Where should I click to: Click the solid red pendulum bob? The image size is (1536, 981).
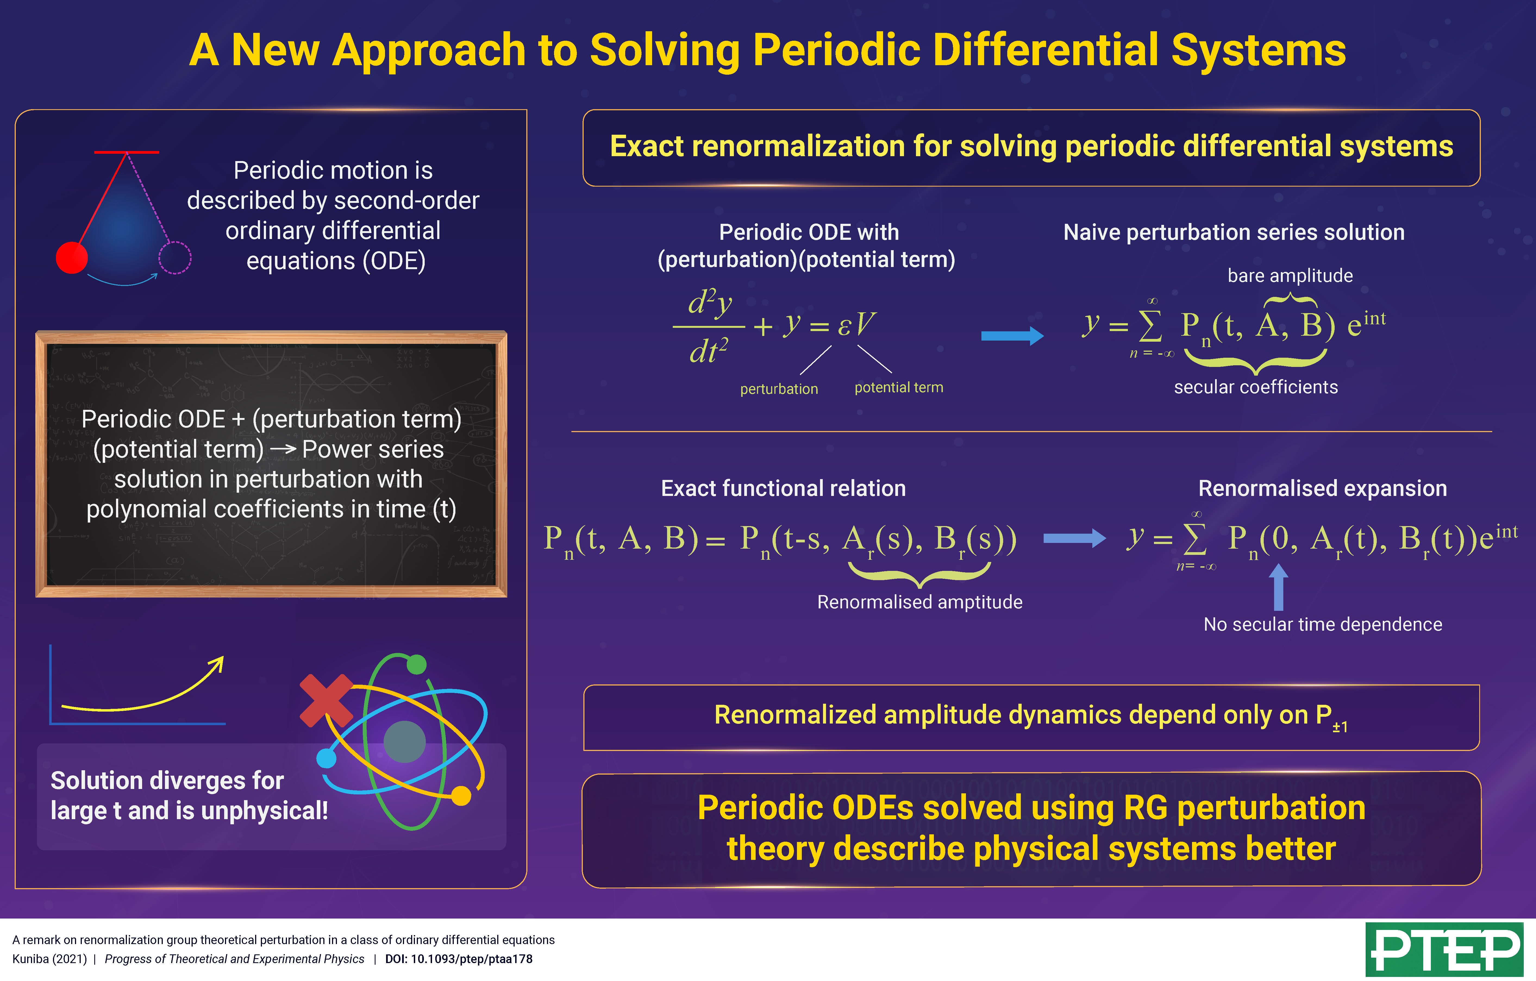pos(71,257)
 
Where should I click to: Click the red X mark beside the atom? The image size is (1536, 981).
pos(326,700)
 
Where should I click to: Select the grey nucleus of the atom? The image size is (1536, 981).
pos(404,742)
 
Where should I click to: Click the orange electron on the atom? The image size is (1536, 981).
pos(461,796)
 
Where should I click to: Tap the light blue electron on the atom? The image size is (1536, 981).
pos(326,759)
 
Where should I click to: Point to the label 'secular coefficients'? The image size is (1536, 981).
pos(1255,387)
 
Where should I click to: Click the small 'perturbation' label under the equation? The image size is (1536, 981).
pos(779,389)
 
